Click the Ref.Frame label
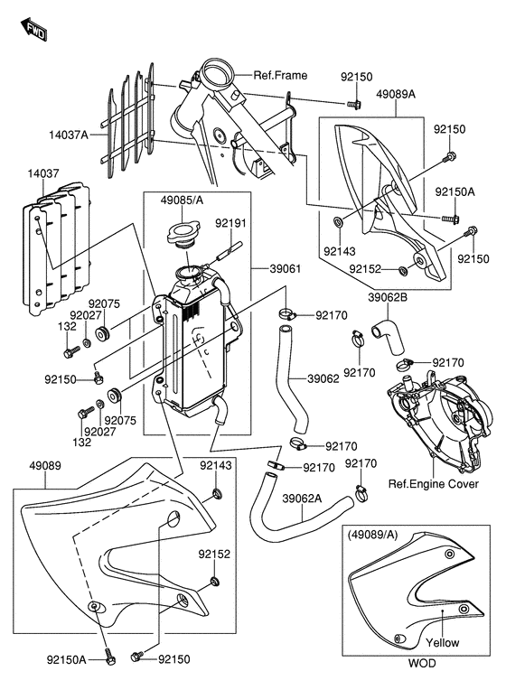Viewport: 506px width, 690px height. click(x=280, y=75)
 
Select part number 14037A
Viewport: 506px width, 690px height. click(x=69, y=135)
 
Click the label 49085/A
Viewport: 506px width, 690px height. click(x=182, y=200)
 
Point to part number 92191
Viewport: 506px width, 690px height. click(x=230, y=223)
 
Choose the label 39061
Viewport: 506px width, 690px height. click(x=286, y=268)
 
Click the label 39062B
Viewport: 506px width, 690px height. click(x=388, y=297)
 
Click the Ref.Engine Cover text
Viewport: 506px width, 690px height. click(x=433, y=484)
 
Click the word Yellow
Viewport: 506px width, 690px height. click(x=442, y=642)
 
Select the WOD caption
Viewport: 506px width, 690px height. click(x=421, y=663)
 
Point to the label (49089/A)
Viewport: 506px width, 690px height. click(x=372, y=535)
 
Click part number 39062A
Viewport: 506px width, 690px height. click(x=302, y=499)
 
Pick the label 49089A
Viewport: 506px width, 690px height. click(x=396, y=94)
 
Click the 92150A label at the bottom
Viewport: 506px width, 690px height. click(x=67, y=659)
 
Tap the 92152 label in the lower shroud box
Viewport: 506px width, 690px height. click(x=214, y=554)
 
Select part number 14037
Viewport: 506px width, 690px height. click(x=43, y=173)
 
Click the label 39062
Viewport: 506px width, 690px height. click(x=323, y=378)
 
